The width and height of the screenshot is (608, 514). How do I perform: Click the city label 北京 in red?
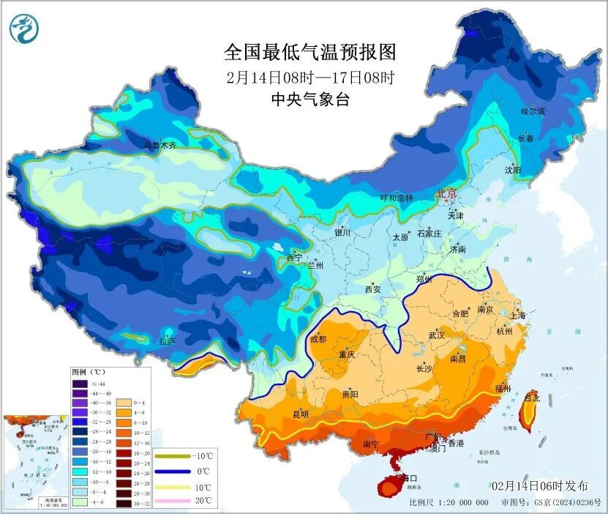point(446,194)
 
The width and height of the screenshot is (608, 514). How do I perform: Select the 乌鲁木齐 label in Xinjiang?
point(160,145)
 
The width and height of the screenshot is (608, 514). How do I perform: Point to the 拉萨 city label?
point(168,340)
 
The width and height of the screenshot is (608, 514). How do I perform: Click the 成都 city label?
point(318,339)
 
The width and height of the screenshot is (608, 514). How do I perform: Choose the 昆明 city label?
point(301,414)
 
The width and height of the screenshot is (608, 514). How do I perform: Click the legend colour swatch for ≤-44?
point(79,384)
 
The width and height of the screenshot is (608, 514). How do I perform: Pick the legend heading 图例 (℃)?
point(89,371)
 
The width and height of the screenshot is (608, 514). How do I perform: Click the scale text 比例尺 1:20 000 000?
point(449,503)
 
